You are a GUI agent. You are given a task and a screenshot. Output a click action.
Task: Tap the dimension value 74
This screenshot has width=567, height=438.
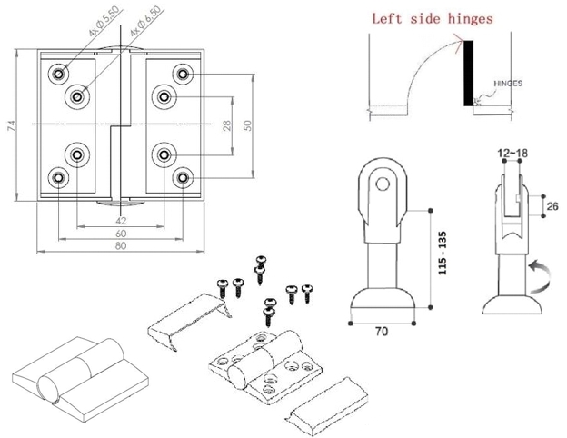click(12, 125)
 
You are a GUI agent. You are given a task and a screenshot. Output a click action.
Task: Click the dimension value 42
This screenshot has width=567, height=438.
click(120, 219)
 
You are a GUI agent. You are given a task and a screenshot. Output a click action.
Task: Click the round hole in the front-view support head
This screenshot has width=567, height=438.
click(383, 187)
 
